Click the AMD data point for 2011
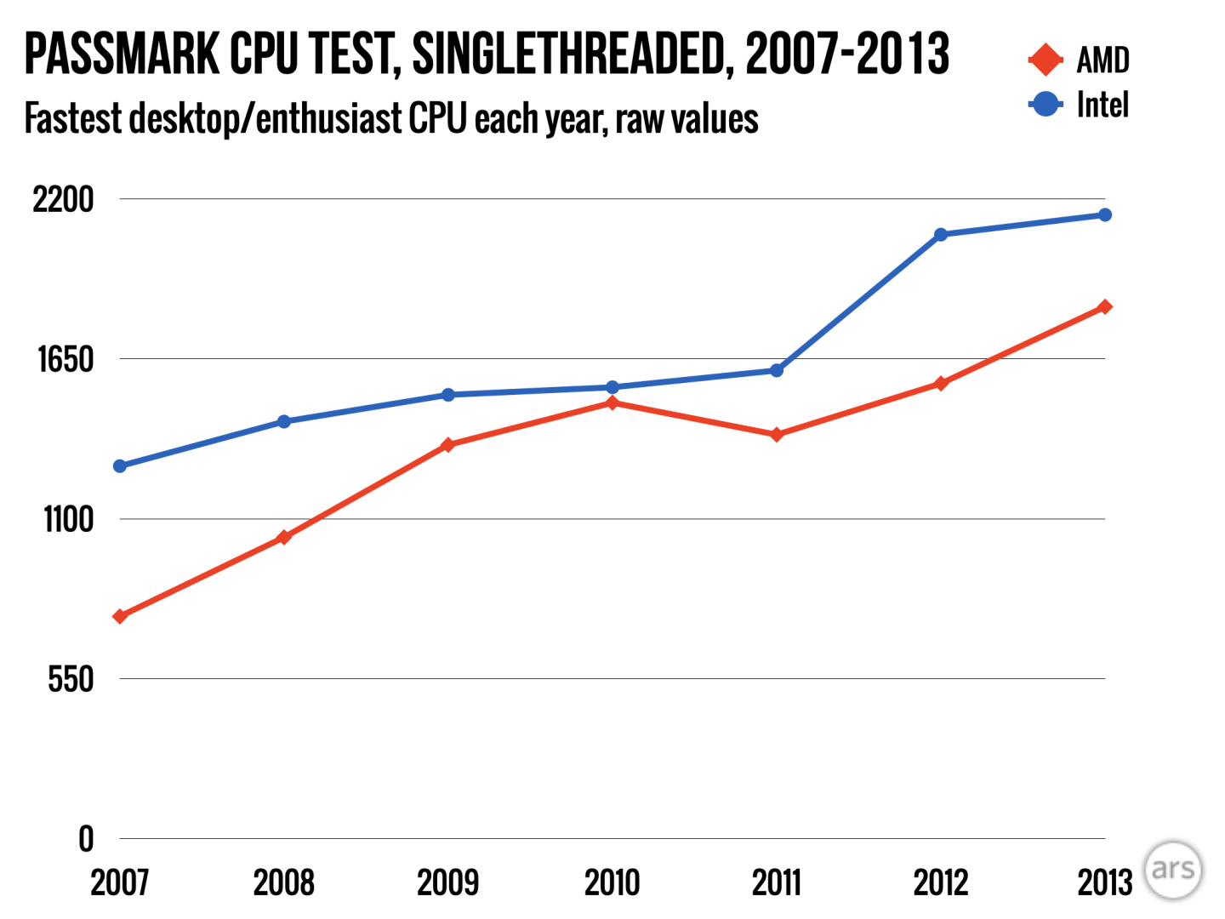[777, 435]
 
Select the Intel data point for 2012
[941, 235]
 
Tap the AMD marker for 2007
[120, 616]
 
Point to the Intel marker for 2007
[120, 466]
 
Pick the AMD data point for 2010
[612, 402]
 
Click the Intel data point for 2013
[1105, 215]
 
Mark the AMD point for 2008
[284, 537]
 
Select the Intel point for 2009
[448, 395]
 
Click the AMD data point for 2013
[1105, 307]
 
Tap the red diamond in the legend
[1046, 60]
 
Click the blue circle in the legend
[1046, 105]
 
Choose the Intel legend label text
[1102, 106]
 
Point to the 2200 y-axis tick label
[63, 200]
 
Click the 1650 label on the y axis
[65, 360]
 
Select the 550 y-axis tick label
[70, 680]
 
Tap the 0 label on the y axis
[86, 840]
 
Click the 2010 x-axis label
[612, 883]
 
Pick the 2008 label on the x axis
[284, 883]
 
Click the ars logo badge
[1173, 870]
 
